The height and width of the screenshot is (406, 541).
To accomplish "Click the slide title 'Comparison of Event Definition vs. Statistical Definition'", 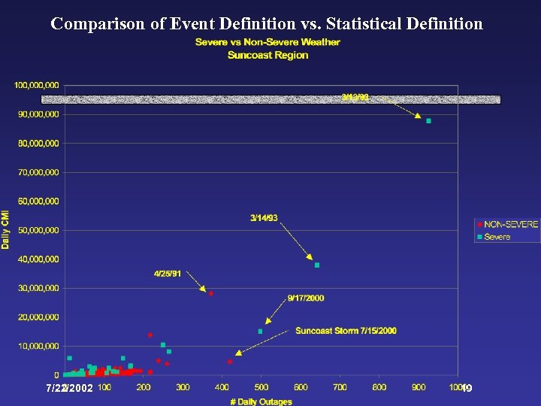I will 267,23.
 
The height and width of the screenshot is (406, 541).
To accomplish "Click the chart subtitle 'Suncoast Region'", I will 267,55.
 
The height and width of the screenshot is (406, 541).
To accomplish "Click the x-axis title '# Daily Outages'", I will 261,401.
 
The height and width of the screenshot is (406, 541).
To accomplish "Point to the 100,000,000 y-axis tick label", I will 36,85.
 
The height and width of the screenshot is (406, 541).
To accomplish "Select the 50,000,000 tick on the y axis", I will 38,230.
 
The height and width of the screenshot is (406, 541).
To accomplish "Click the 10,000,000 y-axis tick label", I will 38,346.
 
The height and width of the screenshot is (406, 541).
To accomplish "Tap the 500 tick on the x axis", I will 261,387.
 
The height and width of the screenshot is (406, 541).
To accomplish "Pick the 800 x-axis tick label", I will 379,387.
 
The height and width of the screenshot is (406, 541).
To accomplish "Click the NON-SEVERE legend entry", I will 508,225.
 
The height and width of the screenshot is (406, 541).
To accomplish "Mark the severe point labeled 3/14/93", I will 317,265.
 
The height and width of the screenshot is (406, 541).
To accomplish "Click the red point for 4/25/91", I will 211,293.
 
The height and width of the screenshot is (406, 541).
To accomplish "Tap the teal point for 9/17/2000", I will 261,332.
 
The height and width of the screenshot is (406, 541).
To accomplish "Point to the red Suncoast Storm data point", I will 230,362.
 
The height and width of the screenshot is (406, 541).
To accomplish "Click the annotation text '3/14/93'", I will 264,218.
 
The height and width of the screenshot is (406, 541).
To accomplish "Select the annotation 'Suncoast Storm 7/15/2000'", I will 346,331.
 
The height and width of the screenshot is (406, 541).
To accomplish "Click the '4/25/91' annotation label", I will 167,274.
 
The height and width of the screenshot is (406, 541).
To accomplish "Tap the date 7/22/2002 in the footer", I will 69,389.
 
